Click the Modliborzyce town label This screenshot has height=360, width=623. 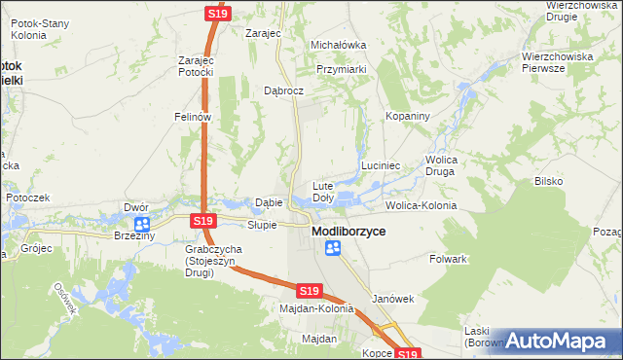point(348,233)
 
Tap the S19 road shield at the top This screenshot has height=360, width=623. point(217,13)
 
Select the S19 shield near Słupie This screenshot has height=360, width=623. point(202,222)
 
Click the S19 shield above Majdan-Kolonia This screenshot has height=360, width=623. point(310,291)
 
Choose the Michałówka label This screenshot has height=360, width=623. point(337,45)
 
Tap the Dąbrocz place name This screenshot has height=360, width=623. point(284,90)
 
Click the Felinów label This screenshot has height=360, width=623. point(193,116)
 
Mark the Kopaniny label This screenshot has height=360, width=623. point(407,116)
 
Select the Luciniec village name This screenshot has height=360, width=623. point(382,165)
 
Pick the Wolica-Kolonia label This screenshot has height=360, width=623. point(421,206)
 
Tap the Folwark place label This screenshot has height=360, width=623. point(449,260)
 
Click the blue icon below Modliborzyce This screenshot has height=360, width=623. point(333,249)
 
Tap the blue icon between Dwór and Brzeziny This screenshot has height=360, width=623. point(142,224)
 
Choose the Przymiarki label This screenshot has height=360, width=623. point(341,70)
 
